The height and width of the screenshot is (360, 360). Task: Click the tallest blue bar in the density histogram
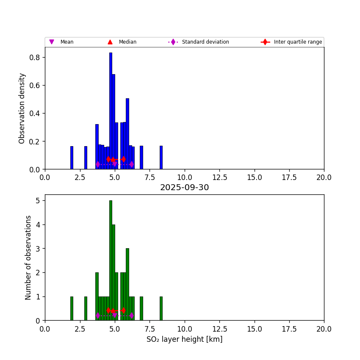pyautogui.click(x=111, y=110)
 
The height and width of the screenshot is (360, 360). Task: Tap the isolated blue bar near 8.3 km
pyautogui.click(x=161, y=158)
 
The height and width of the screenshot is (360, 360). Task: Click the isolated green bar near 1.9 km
pyautogui.click(x=72, y=308)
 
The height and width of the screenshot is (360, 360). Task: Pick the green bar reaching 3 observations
pyautogui.click(x=127, y=284)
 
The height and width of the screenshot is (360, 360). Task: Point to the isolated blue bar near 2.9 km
pyautogui.click(x=86, y=158)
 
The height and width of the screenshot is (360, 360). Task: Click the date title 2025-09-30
pyautogui.click(x=184, y=188)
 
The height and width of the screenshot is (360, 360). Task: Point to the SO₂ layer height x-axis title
pyautogui.click(x=184, y=339)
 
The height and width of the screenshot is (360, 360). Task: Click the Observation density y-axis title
pyautogui.click(x=22, y=108)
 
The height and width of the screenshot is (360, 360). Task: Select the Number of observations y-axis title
pyautogui.click(x=28, y=258)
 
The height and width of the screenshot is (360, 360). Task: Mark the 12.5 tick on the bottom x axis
pyautogui.click(x=219, y=329)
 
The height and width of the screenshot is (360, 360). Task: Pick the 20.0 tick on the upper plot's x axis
pyautogui.click(x=324, y=177)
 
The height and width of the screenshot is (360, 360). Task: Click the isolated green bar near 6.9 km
pyautogui.click(x=141, y=308)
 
